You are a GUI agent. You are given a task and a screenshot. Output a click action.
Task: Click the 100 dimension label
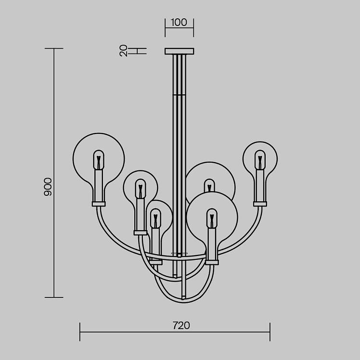coord(179,23)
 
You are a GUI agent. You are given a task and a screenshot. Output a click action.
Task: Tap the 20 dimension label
coord(124,51)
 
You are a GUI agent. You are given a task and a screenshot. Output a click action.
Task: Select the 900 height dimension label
coord(48,187)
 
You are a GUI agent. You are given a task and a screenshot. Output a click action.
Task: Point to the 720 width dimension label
coord(181,325)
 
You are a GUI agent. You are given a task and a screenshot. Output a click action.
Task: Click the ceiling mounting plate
coord(180,51)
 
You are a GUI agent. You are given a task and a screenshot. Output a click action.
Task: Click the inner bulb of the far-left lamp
coord(99,160)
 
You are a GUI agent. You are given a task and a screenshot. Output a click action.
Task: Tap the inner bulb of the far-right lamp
coord(260,160)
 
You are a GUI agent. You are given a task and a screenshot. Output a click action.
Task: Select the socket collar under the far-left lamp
coord(99,204)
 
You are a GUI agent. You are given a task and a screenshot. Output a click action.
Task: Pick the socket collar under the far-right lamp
coord(260,204)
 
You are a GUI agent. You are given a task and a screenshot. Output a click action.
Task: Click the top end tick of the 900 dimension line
coord(54,49)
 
